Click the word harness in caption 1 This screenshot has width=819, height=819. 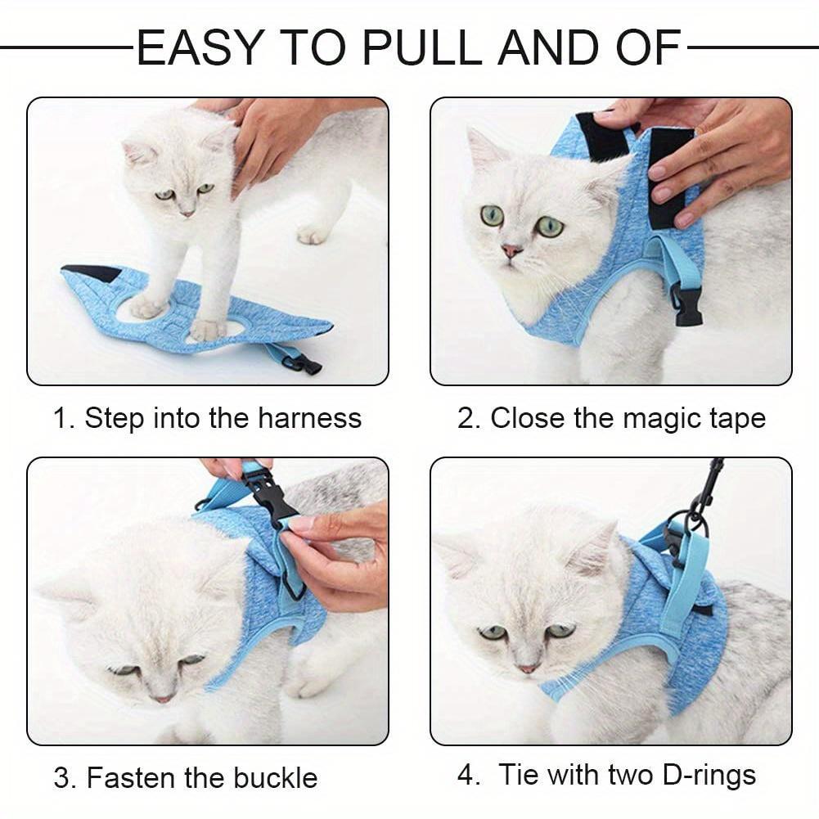pos(309,418)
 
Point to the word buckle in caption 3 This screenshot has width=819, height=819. pos(276,776)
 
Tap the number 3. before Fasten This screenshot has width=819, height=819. pos(65,776)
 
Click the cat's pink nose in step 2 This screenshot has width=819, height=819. pos(512,251)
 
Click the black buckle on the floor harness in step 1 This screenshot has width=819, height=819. pos(307,364)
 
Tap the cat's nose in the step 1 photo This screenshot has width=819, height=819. pos(188,212)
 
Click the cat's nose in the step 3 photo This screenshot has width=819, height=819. pos(163,698)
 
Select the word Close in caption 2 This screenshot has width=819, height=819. pos(528,418)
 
